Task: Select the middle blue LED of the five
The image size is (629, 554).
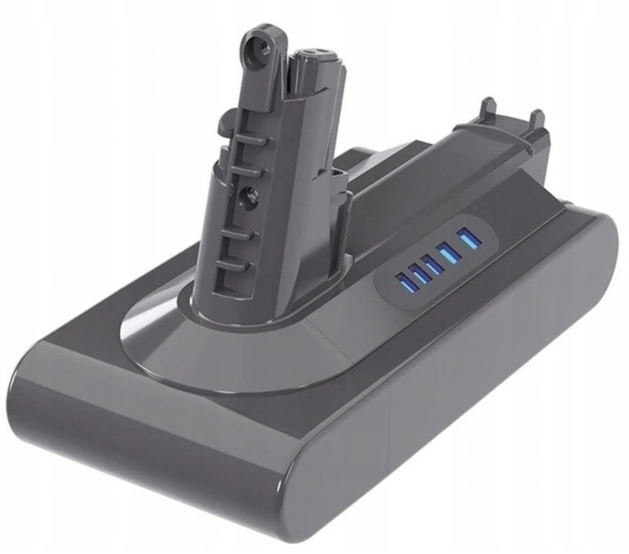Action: (x=432, y=264)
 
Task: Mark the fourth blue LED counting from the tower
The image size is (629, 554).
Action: (x=449, y=251)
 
